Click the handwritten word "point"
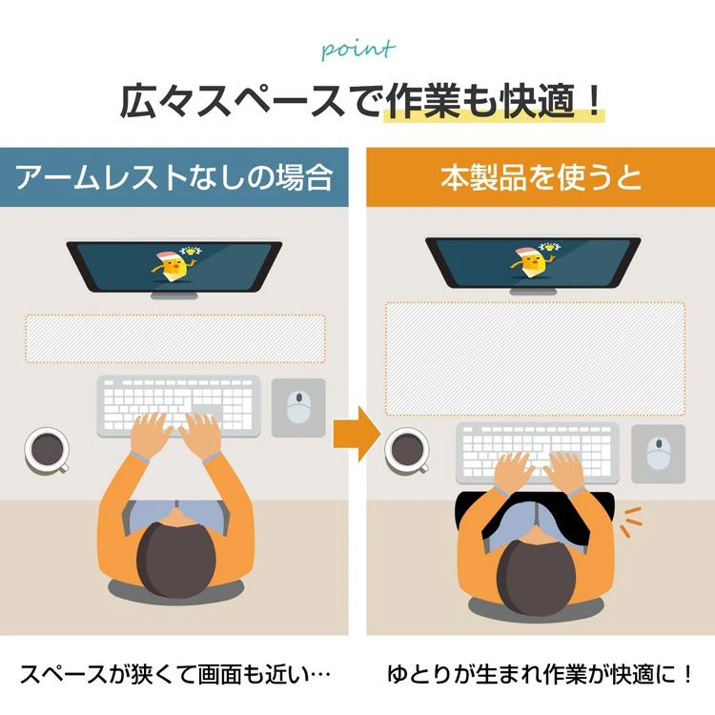point(357,50)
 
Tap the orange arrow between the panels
point(357,434)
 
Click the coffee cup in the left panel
point(47,451)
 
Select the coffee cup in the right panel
point(407,451)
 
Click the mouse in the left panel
point(298,407)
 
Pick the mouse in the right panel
point(658,454)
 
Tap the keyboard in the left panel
point(178,406)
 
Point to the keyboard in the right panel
point(538,452)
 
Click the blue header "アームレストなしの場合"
point(174,177)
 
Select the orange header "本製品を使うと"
point(541,177)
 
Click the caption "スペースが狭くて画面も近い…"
point(175,674)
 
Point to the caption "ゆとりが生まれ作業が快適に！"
point(540,674)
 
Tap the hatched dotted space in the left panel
point(175,338)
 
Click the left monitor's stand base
point(174,296)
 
